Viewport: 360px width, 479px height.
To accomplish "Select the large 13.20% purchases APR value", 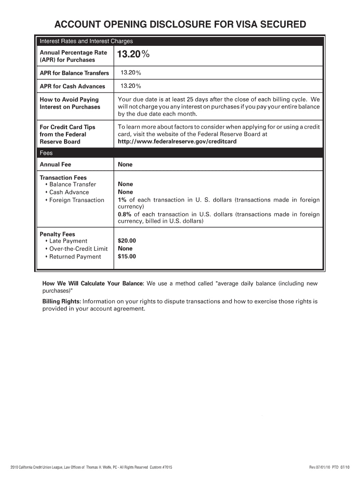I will point(133,55).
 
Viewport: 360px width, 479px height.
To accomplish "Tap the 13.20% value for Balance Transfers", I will point(131,73).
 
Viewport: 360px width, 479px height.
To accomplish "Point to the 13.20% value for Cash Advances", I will point(131,86).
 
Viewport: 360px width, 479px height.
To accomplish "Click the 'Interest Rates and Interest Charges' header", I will point(86,41).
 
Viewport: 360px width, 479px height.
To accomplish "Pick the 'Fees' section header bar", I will point(46,153).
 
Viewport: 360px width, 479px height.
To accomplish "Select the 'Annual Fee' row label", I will point(55,165).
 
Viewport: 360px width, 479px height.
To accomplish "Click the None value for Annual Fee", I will point(125,165).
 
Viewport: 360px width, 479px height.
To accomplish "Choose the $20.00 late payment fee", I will point(127,241).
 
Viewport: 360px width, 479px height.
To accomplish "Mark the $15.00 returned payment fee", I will point(127,256).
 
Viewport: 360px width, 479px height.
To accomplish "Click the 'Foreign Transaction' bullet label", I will point(77,200).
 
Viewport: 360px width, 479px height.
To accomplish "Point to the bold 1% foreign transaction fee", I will point(122,200).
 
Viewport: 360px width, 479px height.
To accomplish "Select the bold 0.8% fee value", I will point(125,214).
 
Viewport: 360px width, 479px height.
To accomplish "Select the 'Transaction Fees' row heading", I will point(63,178).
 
